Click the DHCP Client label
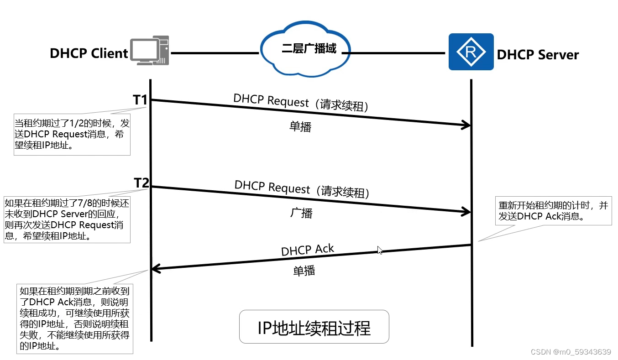(89, 53)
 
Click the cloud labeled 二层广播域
(305, 48)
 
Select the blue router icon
(471, 52)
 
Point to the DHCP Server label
(538, 55)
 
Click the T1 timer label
(141, 99)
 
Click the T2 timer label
(141, 183)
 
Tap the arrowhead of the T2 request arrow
(467, 211)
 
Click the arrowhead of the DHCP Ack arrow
(155, 269)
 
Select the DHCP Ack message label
(307, 250)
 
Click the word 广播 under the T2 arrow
(301, 213)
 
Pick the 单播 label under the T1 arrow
(300, 126)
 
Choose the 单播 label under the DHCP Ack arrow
(304, 271)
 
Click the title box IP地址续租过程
(314, 327)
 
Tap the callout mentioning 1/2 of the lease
(72, 135)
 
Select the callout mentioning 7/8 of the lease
(67, 219)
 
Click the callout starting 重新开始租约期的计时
(553, 211)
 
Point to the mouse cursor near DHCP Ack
(380, 250)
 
